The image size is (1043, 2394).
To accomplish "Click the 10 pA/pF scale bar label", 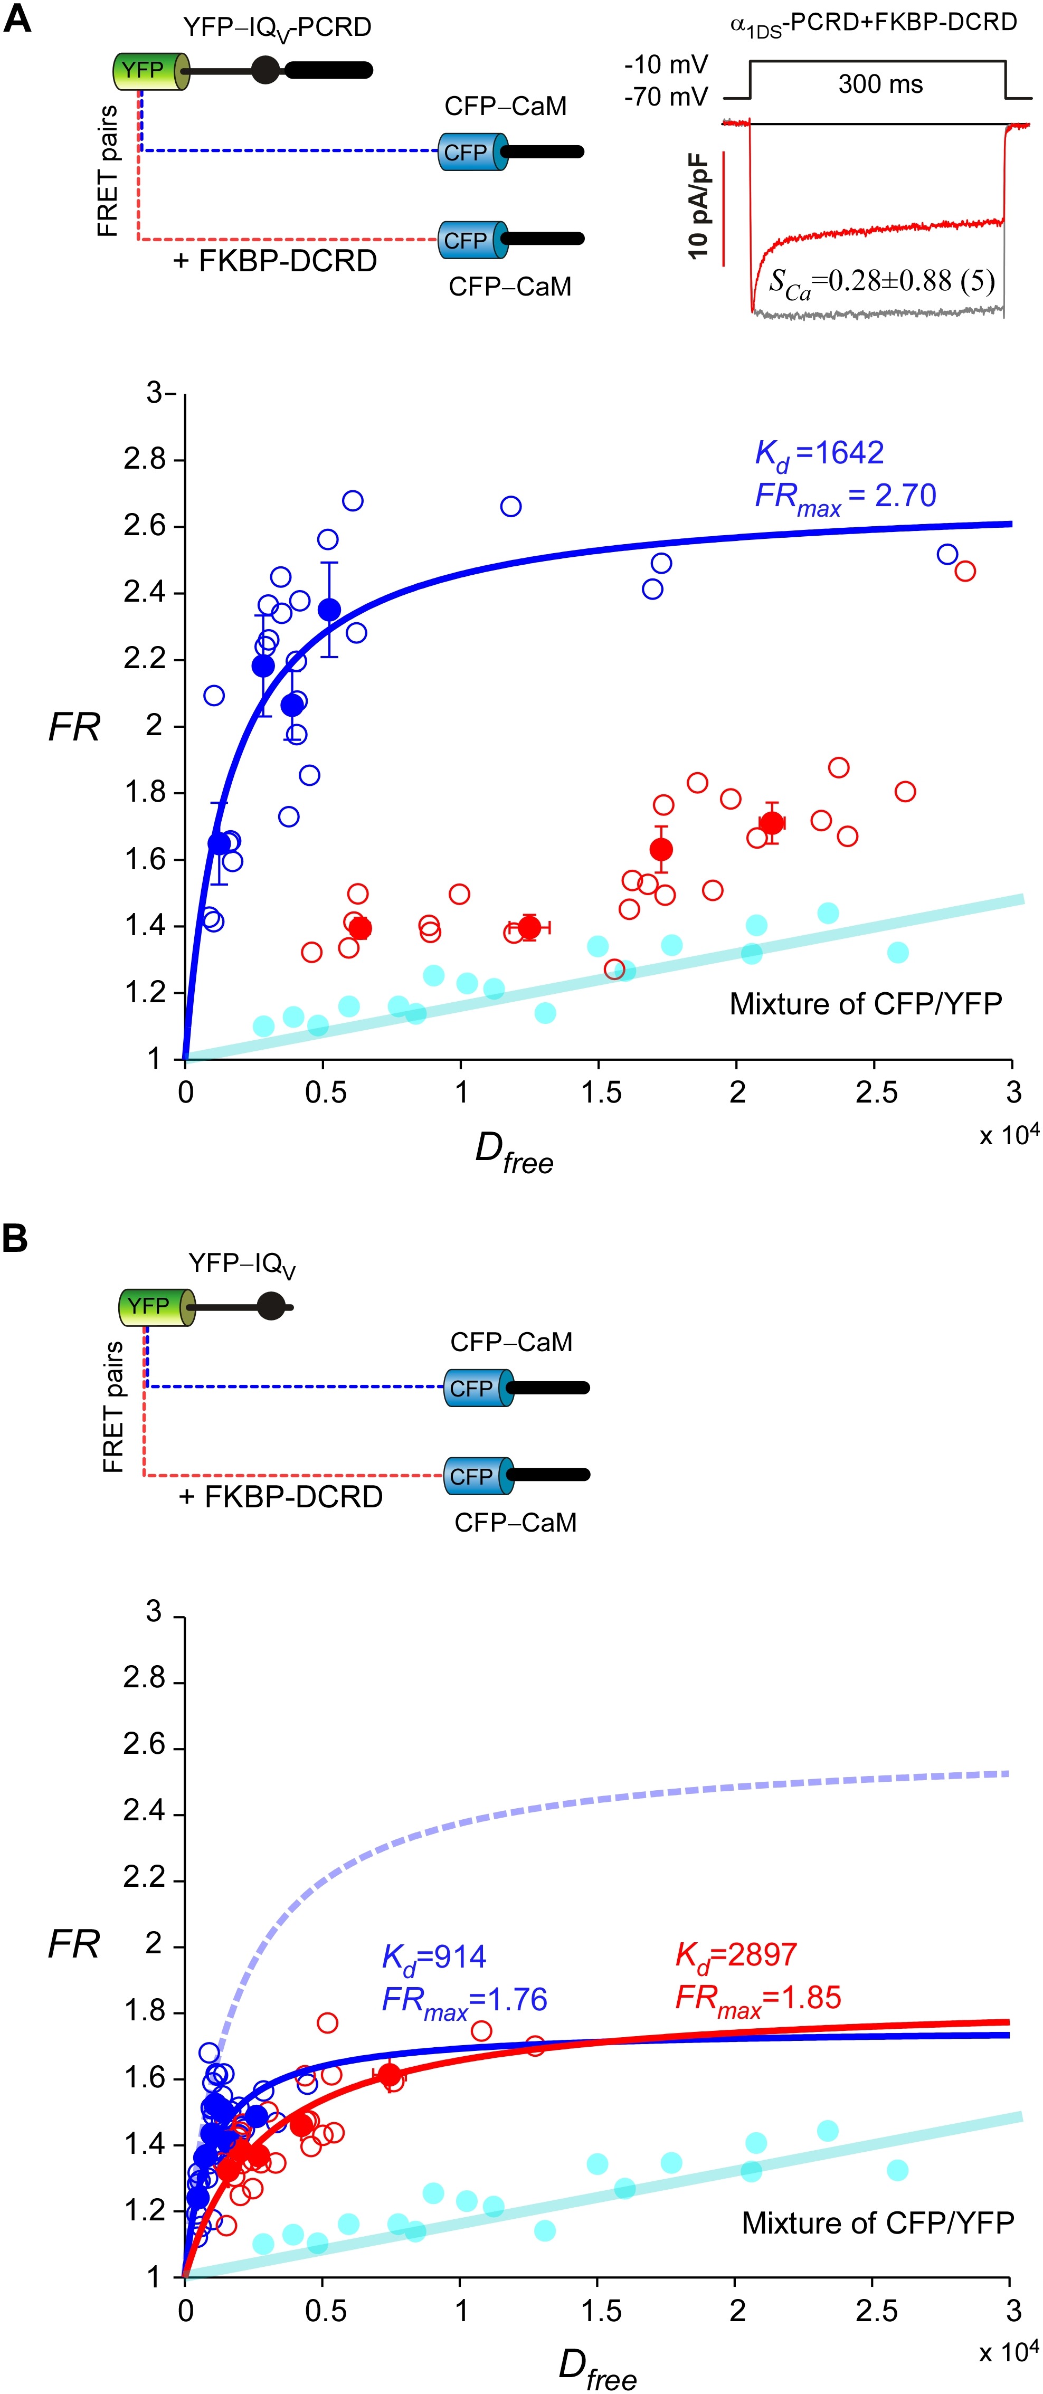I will click(699, 206).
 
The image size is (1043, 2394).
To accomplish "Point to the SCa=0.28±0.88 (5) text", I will click(881, 282).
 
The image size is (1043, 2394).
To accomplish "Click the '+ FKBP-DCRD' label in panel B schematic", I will click(280, 1497).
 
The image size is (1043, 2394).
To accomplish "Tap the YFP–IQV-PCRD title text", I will click(277, 28).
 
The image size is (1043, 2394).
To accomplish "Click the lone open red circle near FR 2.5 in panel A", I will click(965, 571).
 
